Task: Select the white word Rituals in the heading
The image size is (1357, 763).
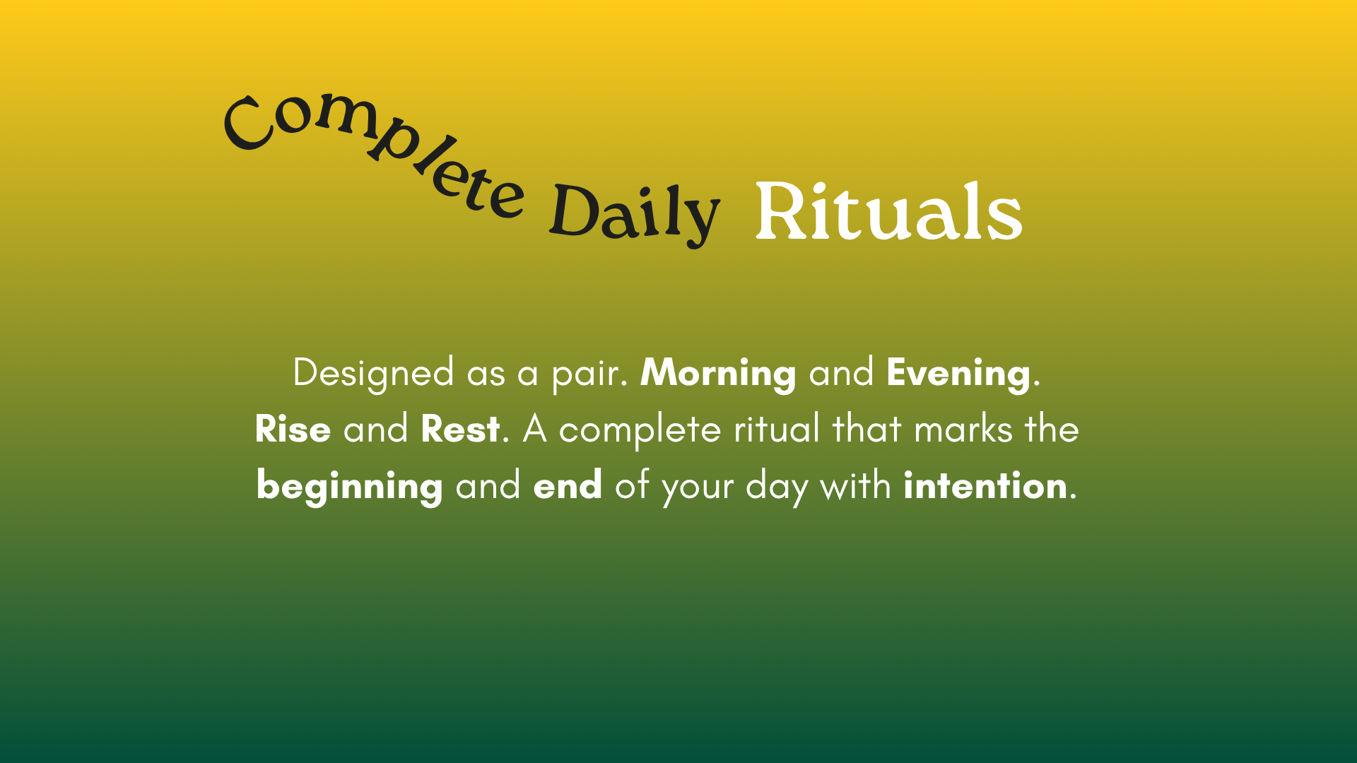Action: click(888, 211)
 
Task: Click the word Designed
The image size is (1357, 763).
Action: click(373, 373)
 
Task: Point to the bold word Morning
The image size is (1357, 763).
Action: click(718, 373)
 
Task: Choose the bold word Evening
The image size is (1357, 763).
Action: click(958, 373)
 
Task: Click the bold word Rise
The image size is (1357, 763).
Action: click(293, 429)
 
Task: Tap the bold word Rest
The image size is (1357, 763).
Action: click(461, 429)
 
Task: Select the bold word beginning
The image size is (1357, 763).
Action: click(350, 486)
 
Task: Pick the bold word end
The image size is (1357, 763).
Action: click(568, 485)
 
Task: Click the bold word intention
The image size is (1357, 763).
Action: click(985, 485)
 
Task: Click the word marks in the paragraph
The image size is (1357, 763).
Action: click(963, 429)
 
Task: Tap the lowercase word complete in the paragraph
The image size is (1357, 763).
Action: click(640, 430)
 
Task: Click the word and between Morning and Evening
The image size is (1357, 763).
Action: click(841, 372)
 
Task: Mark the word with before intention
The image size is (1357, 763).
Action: click(855, 485)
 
